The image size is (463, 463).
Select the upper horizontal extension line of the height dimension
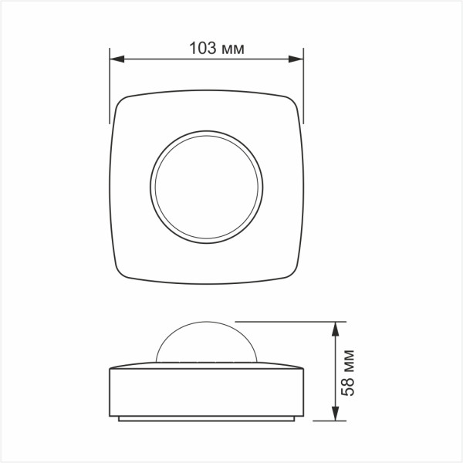click(x=286, y=320)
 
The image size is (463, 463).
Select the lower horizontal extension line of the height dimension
click(x=324, y=421)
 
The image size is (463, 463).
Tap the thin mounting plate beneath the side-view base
click(x=206, y=419)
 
